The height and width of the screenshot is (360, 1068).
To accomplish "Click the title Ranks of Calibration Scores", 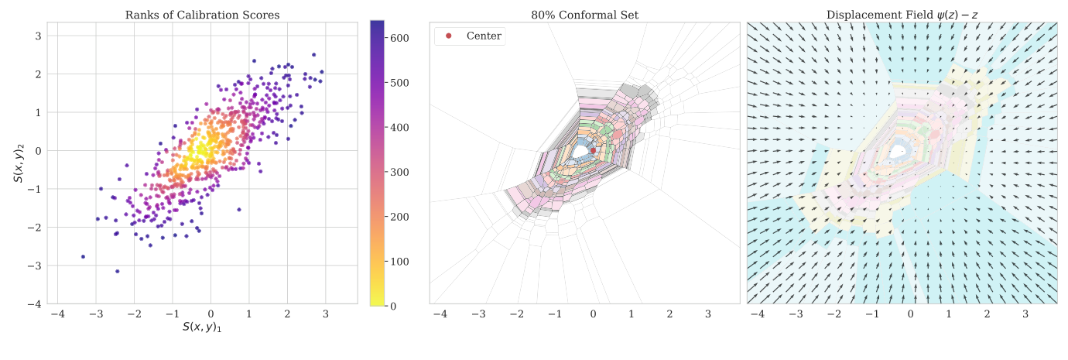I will (x=202, y=15).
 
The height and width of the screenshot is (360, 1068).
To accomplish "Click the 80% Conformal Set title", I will (x=584, y=15).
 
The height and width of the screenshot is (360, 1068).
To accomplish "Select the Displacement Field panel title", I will (x=902, y=15).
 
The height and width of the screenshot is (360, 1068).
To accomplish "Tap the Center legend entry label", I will (x=484, y=36).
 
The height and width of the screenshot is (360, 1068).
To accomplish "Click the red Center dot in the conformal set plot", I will (x=594, y=150).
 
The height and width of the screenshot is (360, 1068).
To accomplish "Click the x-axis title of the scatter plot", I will (x=207, y=327).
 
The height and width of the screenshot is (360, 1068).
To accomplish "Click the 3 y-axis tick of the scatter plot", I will (x=36, y=36).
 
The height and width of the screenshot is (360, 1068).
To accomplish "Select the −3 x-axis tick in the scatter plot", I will (x=95, y=315).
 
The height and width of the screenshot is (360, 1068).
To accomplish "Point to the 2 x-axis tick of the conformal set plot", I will (x=669, y=315).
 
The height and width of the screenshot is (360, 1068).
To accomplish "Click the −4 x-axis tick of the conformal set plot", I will (x=440, y=315).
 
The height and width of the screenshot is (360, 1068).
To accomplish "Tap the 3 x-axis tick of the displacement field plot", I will (x=1025, y=315).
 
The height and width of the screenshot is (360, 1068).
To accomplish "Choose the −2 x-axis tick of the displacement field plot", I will (x=834, y=315).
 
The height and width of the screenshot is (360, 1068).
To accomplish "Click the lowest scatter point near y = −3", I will (x=117, y=271).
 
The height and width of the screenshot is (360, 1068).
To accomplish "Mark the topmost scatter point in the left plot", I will (x=313, y=55).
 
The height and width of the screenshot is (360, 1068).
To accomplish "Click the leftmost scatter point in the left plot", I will (x=83, y=256).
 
